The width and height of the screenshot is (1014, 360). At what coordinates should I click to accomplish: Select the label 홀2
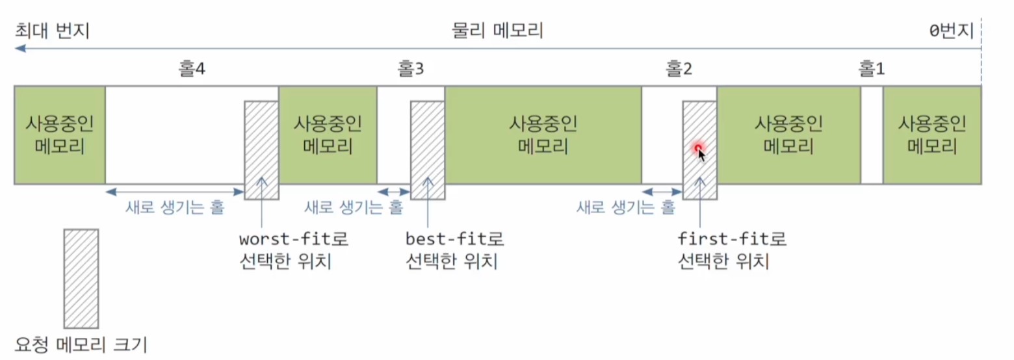[679, 69]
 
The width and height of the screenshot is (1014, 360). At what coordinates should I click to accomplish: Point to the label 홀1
[872, 69]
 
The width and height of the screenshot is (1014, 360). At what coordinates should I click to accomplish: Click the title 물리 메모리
[497, 31]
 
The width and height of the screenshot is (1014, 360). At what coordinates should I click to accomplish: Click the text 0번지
[952, 31]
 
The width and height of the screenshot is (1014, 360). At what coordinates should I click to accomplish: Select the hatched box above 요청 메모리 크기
[81, 278]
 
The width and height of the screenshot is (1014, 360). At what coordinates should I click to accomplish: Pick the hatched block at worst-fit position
[261, 150]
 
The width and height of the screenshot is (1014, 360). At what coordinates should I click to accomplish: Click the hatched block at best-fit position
[428, 150]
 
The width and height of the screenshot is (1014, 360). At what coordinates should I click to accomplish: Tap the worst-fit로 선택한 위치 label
[294, 251]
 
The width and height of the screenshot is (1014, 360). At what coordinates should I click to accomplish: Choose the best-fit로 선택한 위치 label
[454, 251]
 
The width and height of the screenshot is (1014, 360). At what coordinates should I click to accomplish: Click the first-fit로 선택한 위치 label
[731, 251]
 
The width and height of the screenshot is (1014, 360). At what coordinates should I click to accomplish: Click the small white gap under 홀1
[872, 135]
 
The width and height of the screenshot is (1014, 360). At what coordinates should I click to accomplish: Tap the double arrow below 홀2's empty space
[662, 192]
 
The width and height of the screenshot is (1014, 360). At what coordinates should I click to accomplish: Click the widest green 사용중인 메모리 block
[543, 135]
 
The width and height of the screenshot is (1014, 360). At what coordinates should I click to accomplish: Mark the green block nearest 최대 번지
[59, 135]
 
